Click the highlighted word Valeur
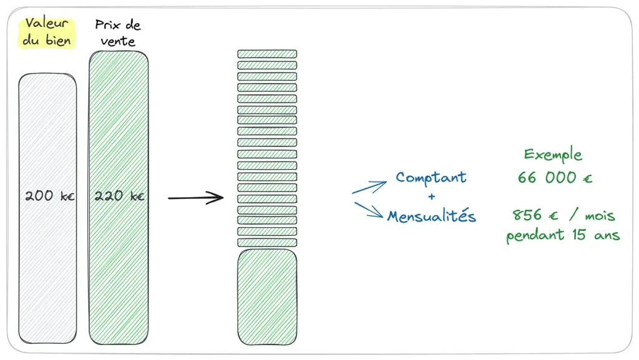[47, 25]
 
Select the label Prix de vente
[118, 33]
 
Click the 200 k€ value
[49, 196]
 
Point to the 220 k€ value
[119, 196]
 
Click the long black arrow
[195, 198]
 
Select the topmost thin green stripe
[267, 54]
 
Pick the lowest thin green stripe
[267, 243]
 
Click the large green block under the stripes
[267, 296]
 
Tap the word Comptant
[431, 177]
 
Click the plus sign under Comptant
[431, 197]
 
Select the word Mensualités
[431, 216]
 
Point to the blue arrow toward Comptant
[369, 187]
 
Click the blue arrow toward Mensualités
[369, 210]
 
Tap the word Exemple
[553, 155]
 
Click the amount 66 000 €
[555, 178]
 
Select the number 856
[526, 216]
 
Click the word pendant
[532, 236]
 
